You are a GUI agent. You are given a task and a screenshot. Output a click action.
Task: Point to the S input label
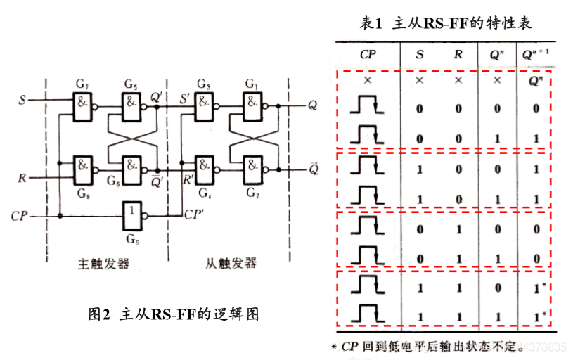point(22,101)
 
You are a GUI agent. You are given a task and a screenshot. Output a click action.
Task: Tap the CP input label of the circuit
point(22,215)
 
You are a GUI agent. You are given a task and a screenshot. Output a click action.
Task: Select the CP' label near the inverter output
point(194,212)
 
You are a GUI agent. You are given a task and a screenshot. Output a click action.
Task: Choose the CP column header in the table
point(368,53)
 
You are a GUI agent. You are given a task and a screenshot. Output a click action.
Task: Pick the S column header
point(419,53)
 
